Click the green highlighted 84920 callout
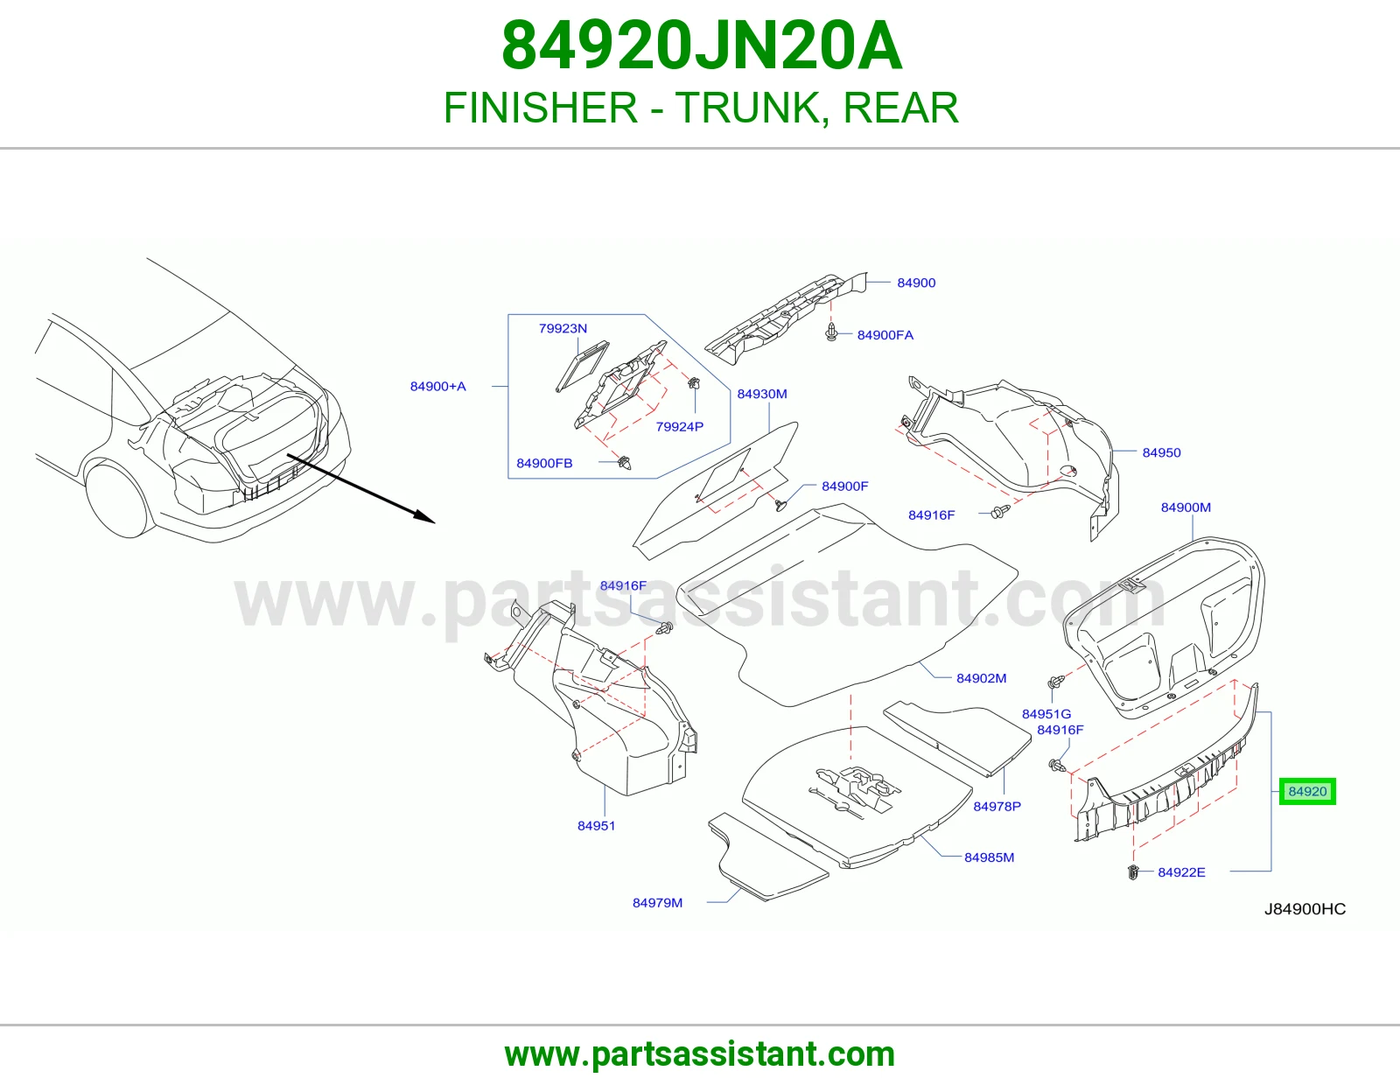(x=1307, y=791)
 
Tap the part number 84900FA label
(x=885, y=335)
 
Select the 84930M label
(x=761, y=394)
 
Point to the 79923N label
(x=563, y=329)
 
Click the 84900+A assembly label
(x=437, y=387)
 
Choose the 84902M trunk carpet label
(x=981, y=678)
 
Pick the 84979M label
(x=657, y=903)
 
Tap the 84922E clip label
(x=1181, y=872)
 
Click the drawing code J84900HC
(x=1305, y=909)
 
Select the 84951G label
(x=1046, y=714)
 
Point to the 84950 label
(x=1161, y=453)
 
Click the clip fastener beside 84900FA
(x=831, y=332)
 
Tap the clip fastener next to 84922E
(x=1132, y=872)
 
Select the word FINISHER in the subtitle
(x=541, y=108)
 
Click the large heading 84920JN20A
(x=702, y=46)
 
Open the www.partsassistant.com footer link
(x=700, y=1054)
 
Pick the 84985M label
(x=989, y=857)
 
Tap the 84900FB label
(x=544, y=463)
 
